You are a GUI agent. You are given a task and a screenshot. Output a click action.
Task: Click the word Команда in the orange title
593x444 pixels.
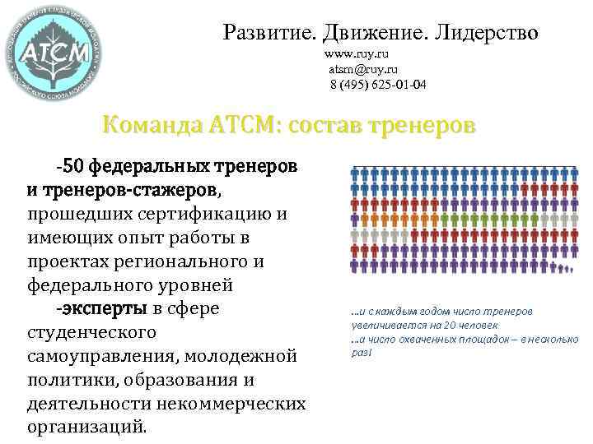point(152,127)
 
